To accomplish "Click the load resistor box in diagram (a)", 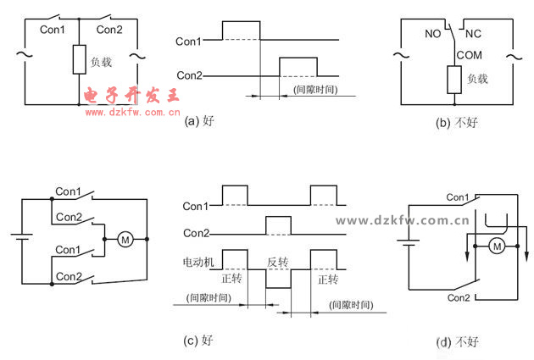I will pyautogui.click(x=79, y=60).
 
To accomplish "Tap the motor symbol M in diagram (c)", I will pyautogui.click(x=125, y=240).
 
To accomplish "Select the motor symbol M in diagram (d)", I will pyautogui.click(x=498, y=246).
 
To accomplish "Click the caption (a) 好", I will pyautogui.click(x=199, y=121).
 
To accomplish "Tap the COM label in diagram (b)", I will pyautogui.click(x=469, y=55).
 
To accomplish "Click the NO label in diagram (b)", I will pyautogui.click(x=432, y=36).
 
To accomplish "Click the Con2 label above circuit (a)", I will pyautogui.click(x=109, y=30).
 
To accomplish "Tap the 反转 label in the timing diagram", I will pyautogui.click(x=279, y=263).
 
